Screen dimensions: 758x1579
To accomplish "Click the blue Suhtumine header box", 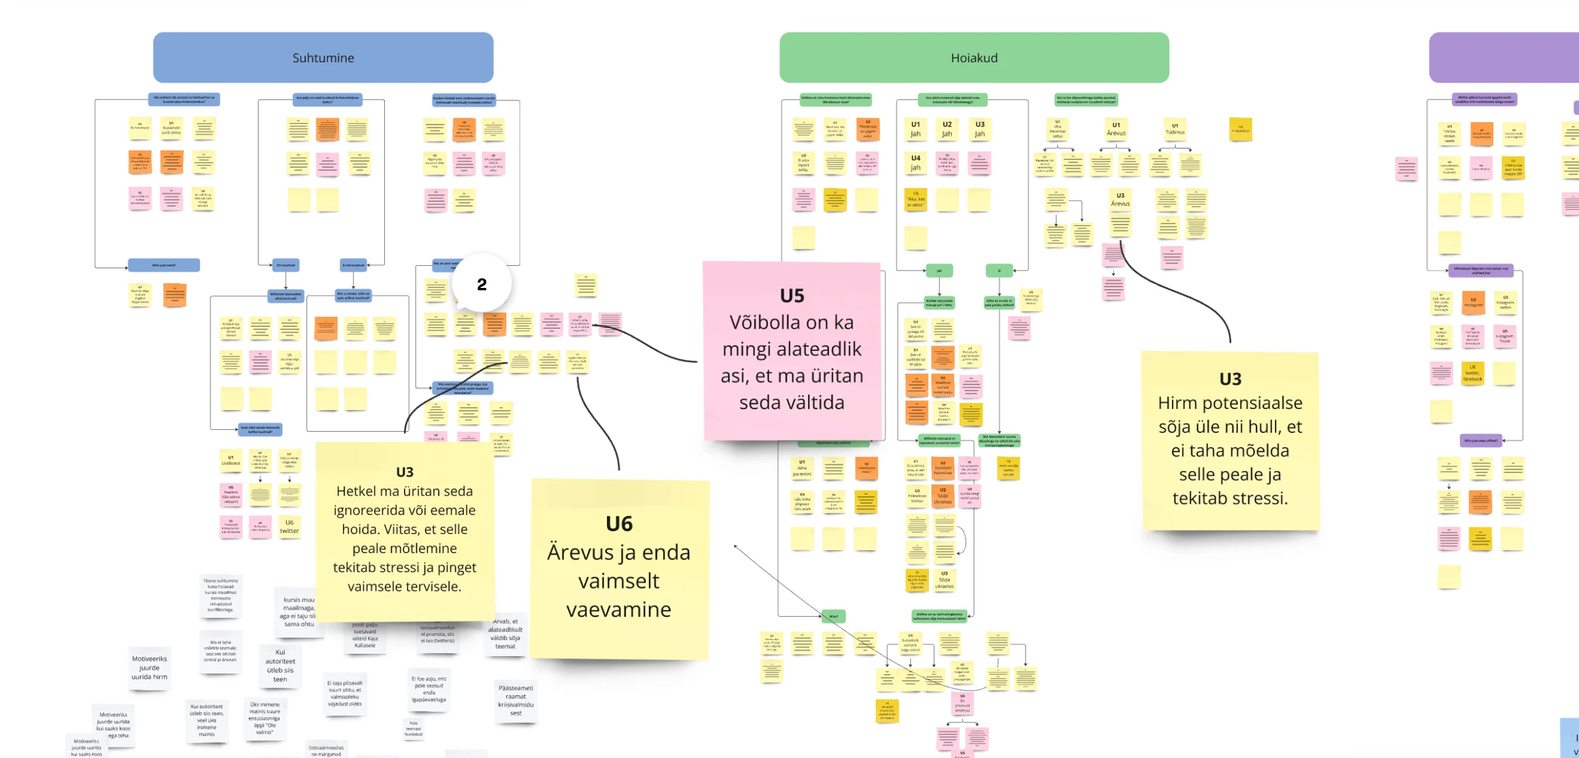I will pos(323,57).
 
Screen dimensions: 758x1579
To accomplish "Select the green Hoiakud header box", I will pos(974,57).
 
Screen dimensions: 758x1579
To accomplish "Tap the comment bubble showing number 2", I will pos(482,284).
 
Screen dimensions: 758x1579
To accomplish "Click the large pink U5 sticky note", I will pos(792,350).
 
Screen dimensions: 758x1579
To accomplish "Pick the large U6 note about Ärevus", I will pos(619,567).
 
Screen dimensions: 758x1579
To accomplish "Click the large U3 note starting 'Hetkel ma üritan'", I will pos(405,530).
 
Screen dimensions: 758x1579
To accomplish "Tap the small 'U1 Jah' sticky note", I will pos(915,129).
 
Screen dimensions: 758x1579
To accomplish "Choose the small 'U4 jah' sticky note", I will pos(915,163).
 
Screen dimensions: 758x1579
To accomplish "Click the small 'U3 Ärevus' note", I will pos(1120,199).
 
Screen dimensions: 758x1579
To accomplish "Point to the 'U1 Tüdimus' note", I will pos(1174,129).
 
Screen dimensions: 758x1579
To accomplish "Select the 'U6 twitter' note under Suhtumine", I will pos(289,527).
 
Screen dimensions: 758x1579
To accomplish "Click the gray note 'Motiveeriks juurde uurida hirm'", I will pos(149,668).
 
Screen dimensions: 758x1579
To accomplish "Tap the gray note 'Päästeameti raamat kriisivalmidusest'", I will pos(516,701).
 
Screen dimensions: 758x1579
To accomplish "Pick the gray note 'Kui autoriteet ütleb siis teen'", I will pos(280,665).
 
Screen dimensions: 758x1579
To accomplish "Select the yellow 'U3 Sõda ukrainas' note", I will pos(944,580).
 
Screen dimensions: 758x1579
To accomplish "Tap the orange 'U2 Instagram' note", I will pos(1473,302).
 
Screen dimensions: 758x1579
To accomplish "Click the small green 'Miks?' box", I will pos(833,616).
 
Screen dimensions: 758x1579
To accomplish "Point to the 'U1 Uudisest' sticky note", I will pos(231,460).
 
